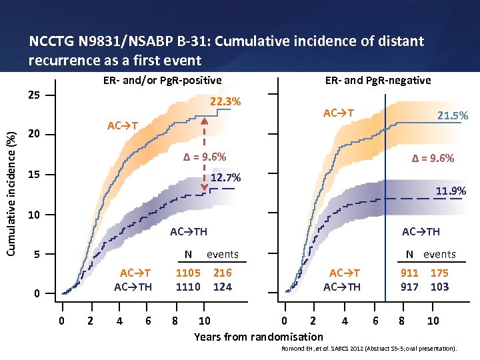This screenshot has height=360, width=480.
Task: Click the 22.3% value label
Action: (225, 102)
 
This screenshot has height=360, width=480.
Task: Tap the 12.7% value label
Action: (225, 178)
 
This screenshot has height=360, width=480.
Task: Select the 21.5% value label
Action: (452, 115)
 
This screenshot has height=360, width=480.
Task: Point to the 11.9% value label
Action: (451, 191)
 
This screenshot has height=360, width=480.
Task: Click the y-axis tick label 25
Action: (33, 95)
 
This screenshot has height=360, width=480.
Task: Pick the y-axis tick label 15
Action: (33, 175)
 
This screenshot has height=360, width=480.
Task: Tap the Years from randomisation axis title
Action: (258, 337)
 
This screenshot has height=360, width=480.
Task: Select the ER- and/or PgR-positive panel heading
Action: (162, 81)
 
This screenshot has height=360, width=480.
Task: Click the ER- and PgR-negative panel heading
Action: (378, 81)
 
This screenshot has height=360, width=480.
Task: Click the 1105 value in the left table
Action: (188, 273)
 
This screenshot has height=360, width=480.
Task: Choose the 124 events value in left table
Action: (223, 287)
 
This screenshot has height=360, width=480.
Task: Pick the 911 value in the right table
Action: (409, 273)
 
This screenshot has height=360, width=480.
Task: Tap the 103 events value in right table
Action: (439, 287)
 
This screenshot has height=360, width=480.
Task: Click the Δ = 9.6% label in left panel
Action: (205, 157)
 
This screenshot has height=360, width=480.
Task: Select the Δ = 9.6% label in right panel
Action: (433, 158)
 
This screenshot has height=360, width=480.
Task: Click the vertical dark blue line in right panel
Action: (385, 200)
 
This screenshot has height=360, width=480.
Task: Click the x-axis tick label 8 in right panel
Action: (401, 321)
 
